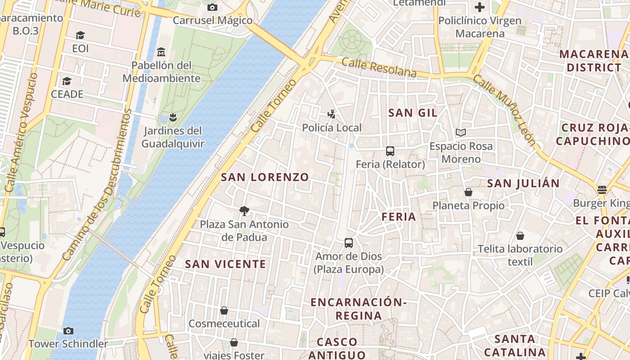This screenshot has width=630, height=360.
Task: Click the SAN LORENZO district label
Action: (265, 177)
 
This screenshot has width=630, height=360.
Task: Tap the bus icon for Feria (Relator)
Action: (390, 151)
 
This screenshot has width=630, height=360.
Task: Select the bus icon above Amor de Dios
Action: (349, 243)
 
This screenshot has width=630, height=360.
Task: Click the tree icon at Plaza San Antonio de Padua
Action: (244, 211)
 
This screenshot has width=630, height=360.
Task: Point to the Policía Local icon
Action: (332, 114)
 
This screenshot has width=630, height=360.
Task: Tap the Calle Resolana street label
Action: (379, 67)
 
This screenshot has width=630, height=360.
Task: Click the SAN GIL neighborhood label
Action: (413, 113)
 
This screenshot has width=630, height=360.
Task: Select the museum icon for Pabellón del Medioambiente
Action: (161, 52)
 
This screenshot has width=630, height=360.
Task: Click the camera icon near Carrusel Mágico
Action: (212, 7)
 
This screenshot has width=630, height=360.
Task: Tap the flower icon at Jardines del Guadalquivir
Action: (173, 118)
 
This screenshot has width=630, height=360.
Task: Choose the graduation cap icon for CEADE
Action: (67, 81)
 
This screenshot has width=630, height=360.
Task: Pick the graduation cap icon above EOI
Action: (80, 36)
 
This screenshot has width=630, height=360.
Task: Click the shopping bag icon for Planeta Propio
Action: (468, 193)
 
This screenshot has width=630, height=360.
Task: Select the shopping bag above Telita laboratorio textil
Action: (520, 236)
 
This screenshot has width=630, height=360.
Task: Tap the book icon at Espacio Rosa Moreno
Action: (460, 133)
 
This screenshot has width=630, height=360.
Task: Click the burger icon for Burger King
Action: (602, 190)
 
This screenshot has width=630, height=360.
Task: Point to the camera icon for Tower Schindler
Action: (68, 331)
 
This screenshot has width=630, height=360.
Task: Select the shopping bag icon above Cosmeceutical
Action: (224, 310)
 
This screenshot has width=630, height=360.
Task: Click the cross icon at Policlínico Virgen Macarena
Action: (480, 7)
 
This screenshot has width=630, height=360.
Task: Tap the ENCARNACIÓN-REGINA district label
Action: (359, 309)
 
